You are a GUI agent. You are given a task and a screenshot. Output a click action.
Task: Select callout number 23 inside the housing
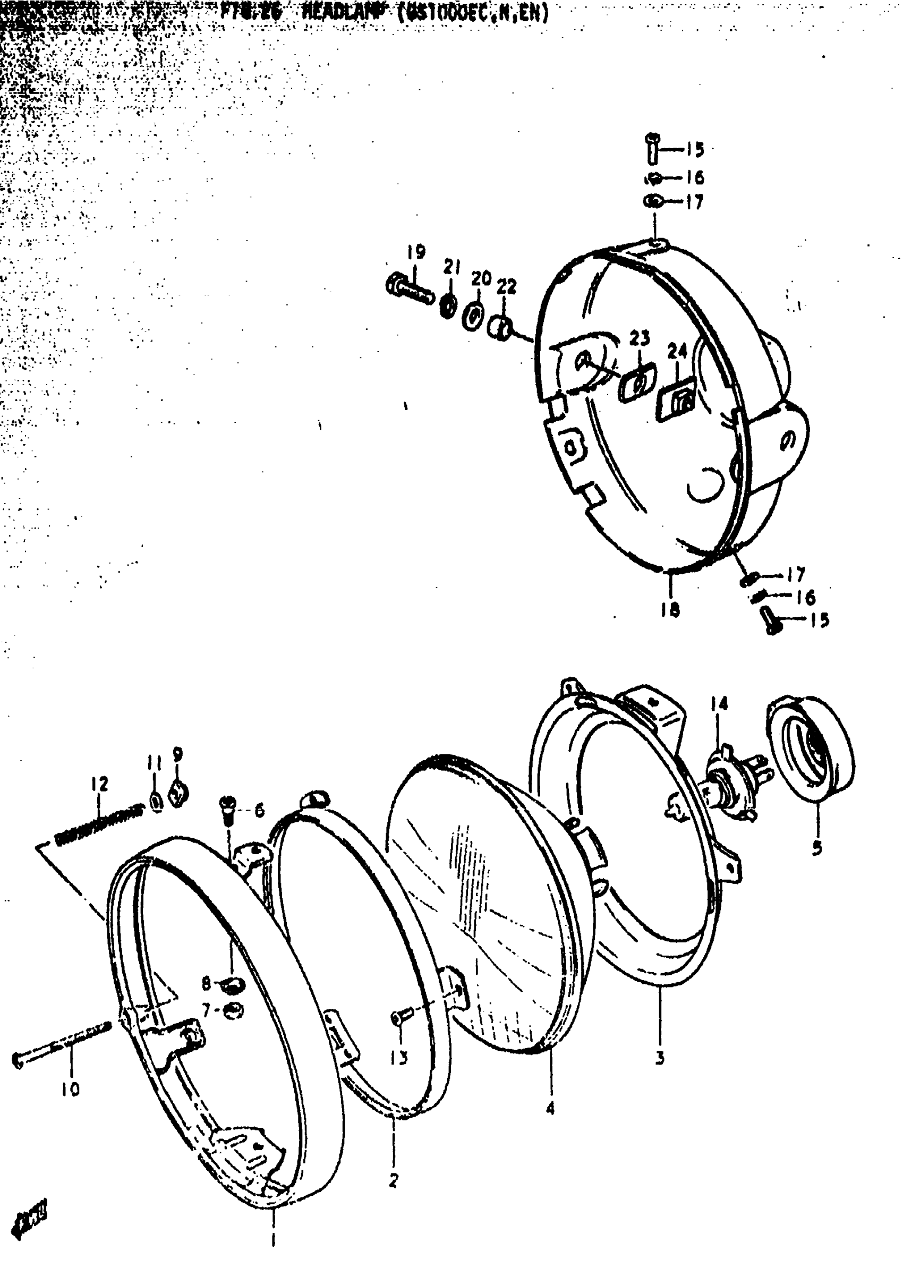click(640, 337)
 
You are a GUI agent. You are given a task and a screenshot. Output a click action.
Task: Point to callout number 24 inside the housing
click(677, 351)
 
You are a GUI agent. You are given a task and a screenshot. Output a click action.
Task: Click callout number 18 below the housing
click(670, 610)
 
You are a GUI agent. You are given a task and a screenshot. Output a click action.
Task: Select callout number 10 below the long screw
click(71, 1089)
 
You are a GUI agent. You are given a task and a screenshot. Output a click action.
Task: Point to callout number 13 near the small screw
click(399, 1058)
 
